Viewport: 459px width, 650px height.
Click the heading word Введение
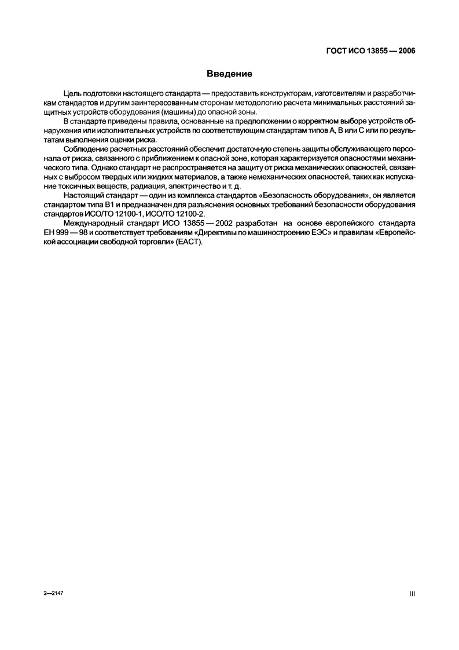click(x=229, y=74)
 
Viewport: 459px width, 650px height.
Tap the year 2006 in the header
click(x=405, y=50)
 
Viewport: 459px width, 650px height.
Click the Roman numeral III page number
click(x=412, y=594)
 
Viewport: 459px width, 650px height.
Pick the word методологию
click(x=254, y=103)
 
